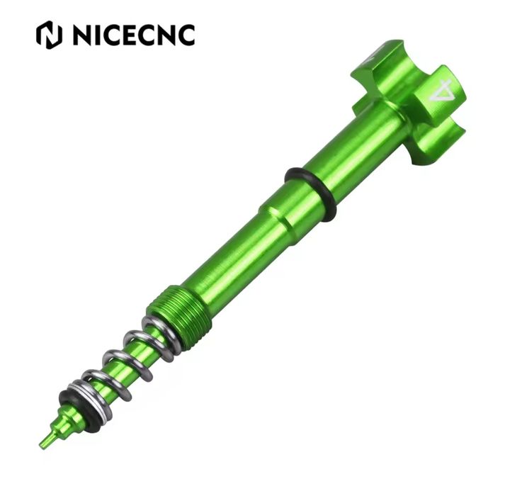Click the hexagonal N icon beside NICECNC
(49, 35)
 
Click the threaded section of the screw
(179, 310)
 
